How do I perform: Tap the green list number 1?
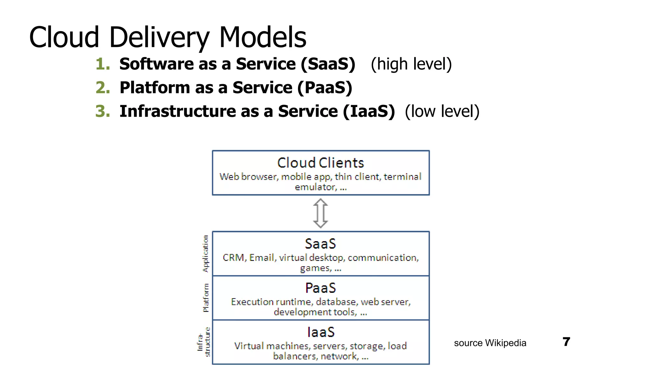coord(103,64)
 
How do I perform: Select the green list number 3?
coord(103,111)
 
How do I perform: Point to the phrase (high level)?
coord(411,64)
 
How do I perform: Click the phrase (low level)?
coord(442,111)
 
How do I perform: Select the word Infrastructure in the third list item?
coord(178,111)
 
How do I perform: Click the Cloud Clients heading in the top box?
coord(320,163)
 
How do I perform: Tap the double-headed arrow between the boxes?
coord(320,213)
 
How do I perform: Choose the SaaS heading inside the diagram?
coord(320,244)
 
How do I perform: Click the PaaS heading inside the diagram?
coord(320,288)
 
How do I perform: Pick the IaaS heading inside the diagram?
coord(321,332)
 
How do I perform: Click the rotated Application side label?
coord(206,254)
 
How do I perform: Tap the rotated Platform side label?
coord(206,298)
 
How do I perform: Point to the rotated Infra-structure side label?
coord(204,342)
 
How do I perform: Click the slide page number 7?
coord(566,342)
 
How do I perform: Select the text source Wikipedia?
coord(490,343)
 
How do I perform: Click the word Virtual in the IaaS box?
coord(249,346)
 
